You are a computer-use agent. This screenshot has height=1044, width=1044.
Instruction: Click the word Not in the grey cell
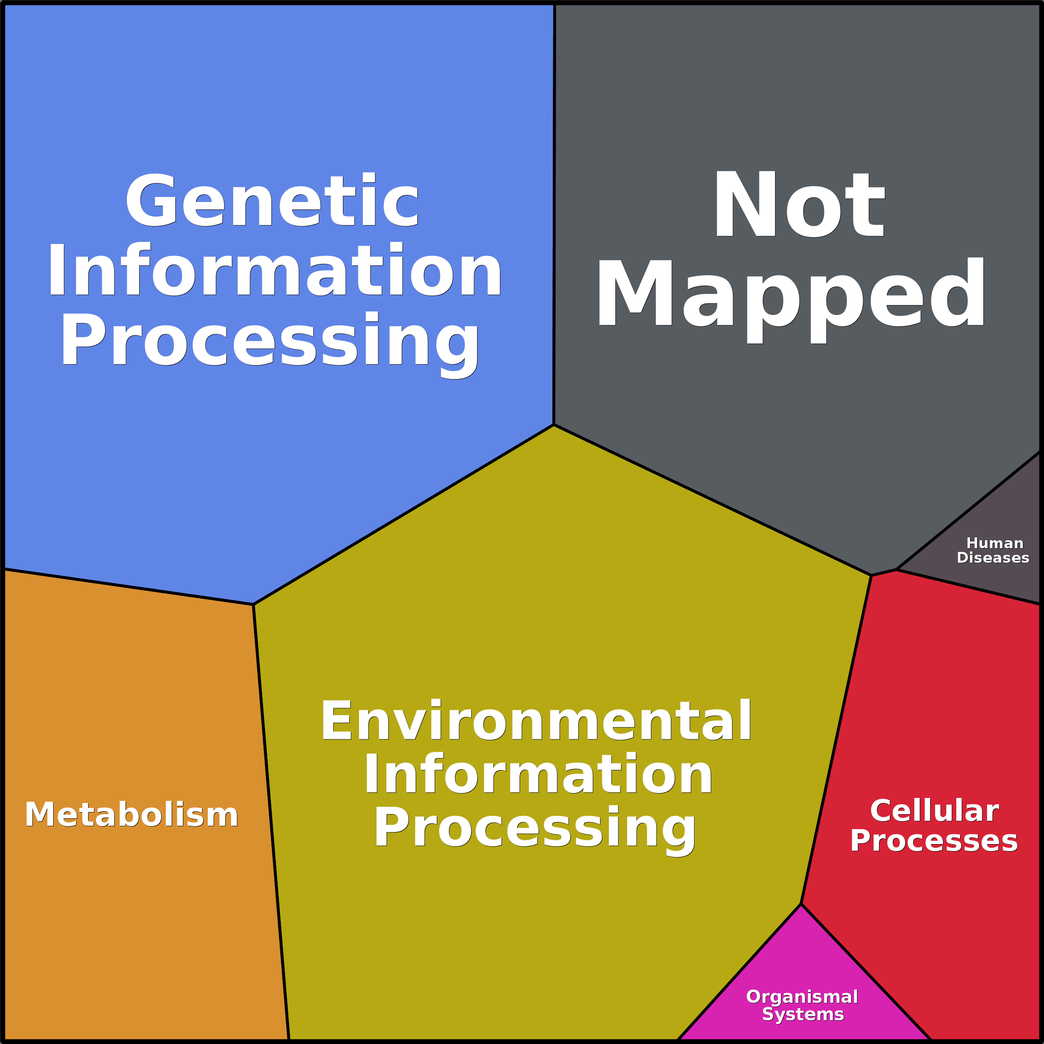tap(799, 204)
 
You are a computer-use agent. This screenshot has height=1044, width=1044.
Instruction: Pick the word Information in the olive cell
tap(538, 774)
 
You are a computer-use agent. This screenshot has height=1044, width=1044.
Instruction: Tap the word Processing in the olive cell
tap(535, 828)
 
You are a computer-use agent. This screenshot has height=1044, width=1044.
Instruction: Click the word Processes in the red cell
tap(934, 841)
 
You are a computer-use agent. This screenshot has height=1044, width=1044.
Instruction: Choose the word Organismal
tap(802, 997)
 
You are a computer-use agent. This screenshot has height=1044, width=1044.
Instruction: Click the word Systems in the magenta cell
tap(803, 1014)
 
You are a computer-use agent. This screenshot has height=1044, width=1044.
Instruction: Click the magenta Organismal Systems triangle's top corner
tap(801, 904)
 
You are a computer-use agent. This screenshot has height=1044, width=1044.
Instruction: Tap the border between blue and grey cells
tap(554, 216)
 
